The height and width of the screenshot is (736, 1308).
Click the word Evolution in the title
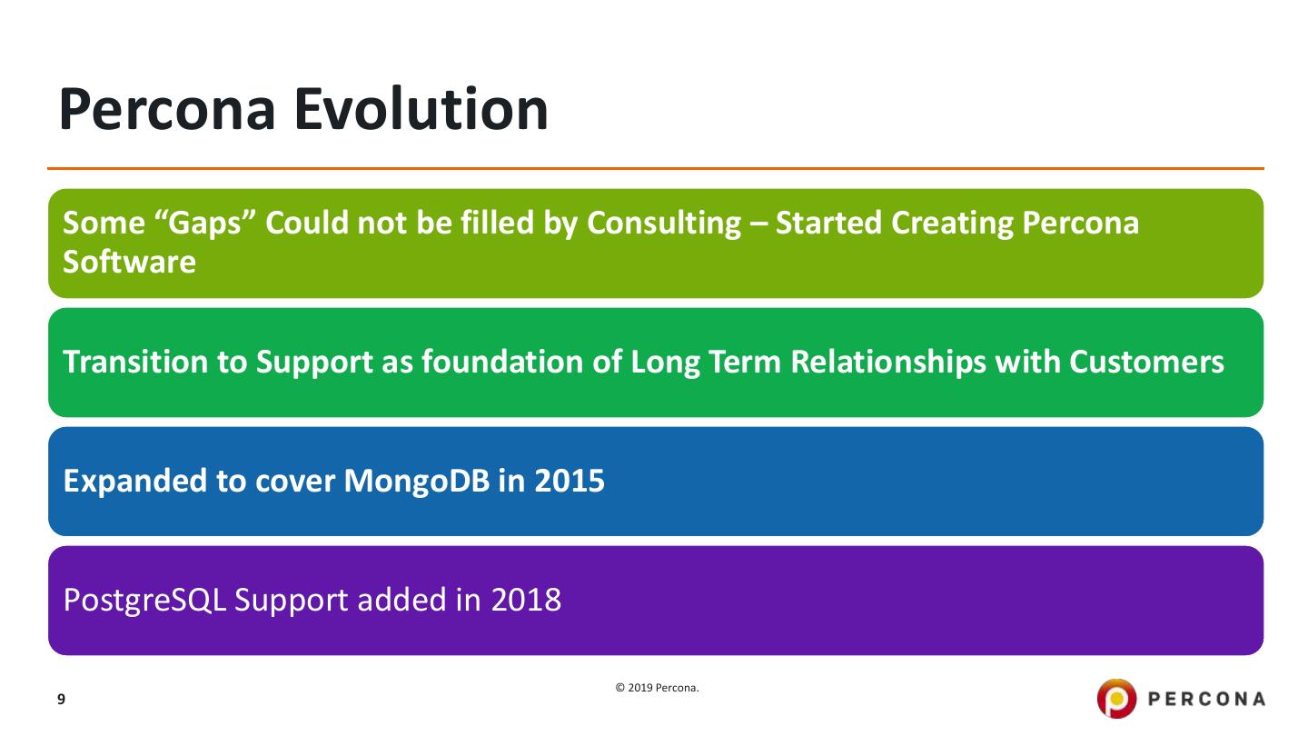pyautogui.click(x=421, y=109)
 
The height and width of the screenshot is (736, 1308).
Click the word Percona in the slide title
pyautogui.click(x=167, y=109)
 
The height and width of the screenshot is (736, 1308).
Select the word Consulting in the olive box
pyautogui.click(x=664, y=224)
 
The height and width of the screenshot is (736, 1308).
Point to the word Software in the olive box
pyautogui.click(x=129, y=262)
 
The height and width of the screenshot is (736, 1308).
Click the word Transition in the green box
pyautogui.click(x=135, y=362)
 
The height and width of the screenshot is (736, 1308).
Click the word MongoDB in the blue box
pyautogui.click(x=416, y=482)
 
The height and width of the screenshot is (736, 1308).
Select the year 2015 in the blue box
pyautogui.click(x=570, y=482)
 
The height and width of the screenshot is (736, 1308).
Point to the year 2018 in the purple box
pyautogui.click(x=526, y=601)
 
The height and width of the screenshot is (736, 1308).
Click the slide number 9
pyautogui.click(x=62, y=700)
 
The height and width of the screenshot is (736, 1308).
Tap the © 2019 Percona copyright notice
pyautogui.click(x=657, y=688)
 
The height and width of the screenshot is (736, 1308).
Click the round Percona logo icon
pyautogui.click(x=1116, y=699)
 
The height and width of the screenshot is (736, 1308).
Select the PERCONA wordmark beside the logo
pyautogui.click(x=1206, y=700)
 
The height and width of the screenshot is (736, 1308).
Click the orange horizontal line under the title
pyautogui.click(x=656, y=169)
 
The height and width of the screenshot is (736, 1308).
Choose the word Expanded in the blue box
pyautogui.click(x=134, y=482)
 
